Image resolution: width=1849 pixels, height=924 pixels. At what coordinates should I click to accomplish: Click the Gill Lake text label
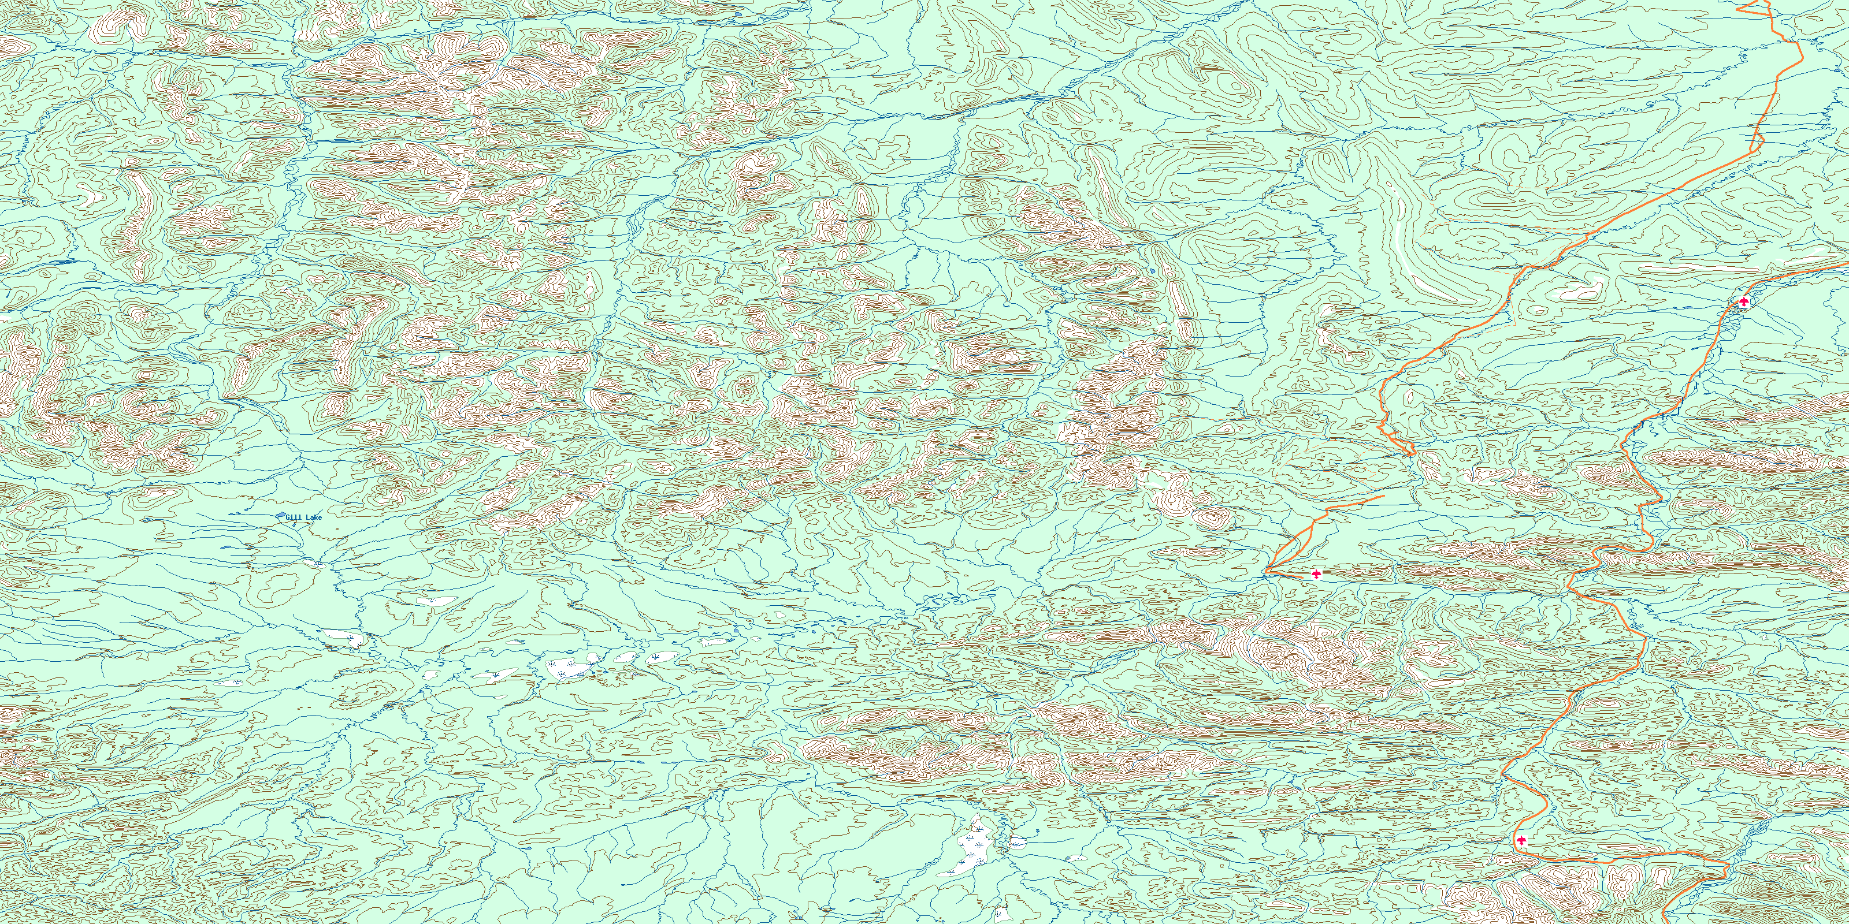[x=303, y=517]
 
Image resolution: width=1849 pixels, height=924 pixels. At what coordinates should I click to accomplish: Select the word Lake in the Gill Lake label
[x=314, y=517]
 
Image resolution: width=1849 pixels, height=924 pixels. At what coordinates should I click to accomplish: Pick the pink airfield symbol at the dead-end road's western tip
[x=1316, y=574]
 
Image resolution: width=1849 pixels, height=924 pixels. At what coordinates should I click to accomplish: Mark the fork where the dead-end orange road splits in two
[x=1313, y=524]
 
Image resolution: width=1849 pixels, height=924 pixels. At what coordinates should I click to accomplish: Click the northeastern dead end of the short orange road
[x=1383, y=495]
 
